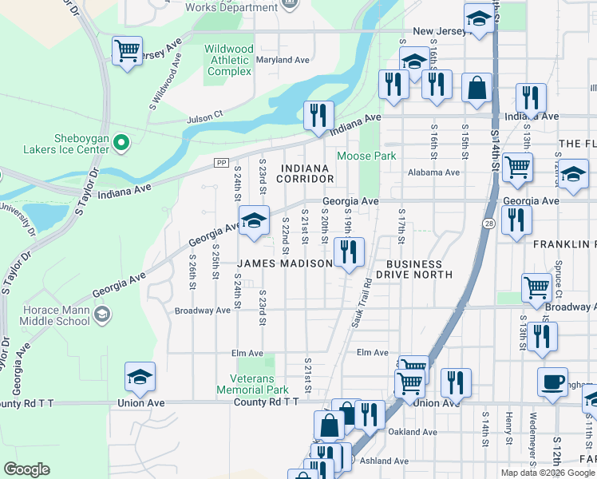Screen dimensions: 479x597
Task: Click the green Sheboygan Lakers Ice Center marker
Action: (x=121, y=144)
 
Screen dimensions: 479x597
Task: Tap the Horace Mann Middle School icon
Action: (x=101, y=315)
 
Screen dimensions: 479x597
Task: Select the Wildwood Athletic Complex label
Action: (x=229, y=60)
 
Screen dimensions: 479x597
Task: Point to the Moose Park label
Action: (x=366, y=156)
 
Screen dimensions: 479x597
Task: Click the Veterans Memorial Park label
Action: (x=252, y=384)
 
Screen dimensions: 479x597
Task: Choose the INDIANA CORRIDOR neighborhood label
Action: (x=304, y=173)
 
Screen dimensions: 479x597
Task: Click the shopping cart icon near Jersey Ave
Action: (x=127, y=51)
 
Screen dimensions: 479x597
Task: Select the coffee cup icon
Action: (x=552, y=382)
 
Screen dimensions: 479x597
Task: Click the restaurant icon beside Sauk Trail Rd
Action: (x=349, y=251)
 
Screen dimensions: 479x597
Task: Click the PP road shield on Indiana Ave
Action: (x=221, y=163)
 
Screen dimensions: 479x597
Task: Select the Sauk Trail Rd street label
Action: (x=358, y=303)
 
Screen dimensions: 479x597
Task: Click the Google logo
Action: (x=26, y=469)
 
